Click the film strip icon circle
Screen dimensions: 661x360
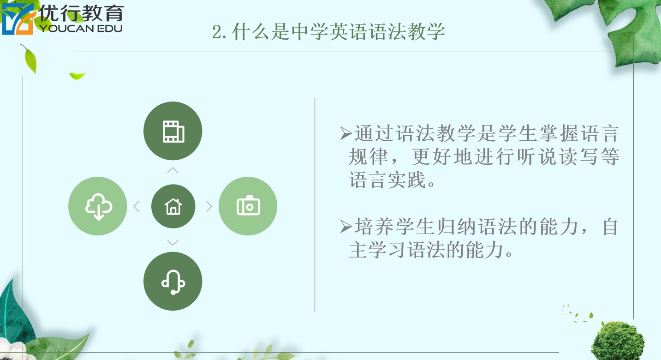tap(173, 131)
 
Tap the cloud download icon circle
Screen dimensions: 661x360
tap(98, 206)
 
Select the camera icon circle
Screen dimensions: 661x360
tap(248, 206)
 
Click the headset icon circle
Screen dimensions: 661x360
tap(173, 281)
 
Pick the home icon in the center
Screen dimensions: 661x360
tap(173, 206)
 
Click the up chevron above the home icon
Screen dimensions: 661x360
tap(173, 170)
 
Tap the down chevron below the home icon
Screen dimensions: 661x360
tap(173, 242)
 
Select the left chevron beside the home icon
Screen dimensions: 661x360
tap(137, 206)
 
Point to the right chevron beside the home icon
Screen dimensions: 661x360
tap(209, 206)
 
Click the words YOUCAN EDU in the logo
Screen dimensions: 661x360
tap(81, 29)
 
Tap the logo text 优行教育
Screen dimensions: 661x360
tap(82, 13)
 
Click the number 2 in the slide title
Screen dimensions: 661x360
tap(217, 32)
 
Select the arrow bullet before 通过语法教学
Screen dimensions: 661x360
tap(346, 133)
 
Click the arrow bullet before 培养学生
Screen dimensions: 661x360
tap(346, 227)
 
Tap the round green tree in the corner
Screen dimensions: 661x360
tap(618, 341)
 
